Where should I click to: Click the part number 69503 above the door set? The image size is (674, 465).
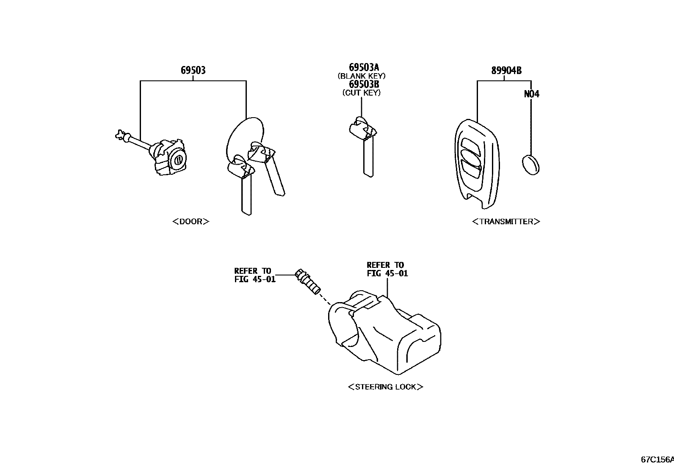pos(193,70)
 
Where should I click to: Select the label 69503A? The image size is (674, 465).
pos(364,67)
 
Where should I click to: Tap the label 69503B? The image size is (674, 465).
pos(364,84)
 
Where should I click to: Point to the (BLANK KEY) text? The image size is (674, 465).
pos(362,76)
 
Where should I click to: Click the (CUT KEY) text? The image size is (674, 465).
pos(362,93)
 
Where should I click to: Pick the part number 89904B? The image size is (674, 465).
pos(506,70)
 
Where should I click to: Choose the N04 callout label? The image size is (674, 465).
pos(532,94)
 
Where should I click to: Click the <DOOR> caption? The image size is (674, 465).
pos(191,221)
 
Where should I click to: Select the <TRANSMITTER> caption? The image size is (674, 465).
pos(506,221)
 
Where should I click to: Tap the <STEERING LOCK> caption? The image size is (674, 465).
pos(385,387)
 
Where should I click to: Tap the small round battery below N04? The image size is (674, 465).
pos(530,165)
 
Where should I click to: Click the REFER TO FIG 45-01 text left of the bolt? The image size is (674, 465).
pos(254,275)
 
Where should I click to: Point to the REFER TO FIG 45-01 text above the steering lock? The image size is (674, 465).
pos(387,269)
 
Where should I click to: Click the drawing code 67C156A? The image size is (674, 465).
pos(657,459)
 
